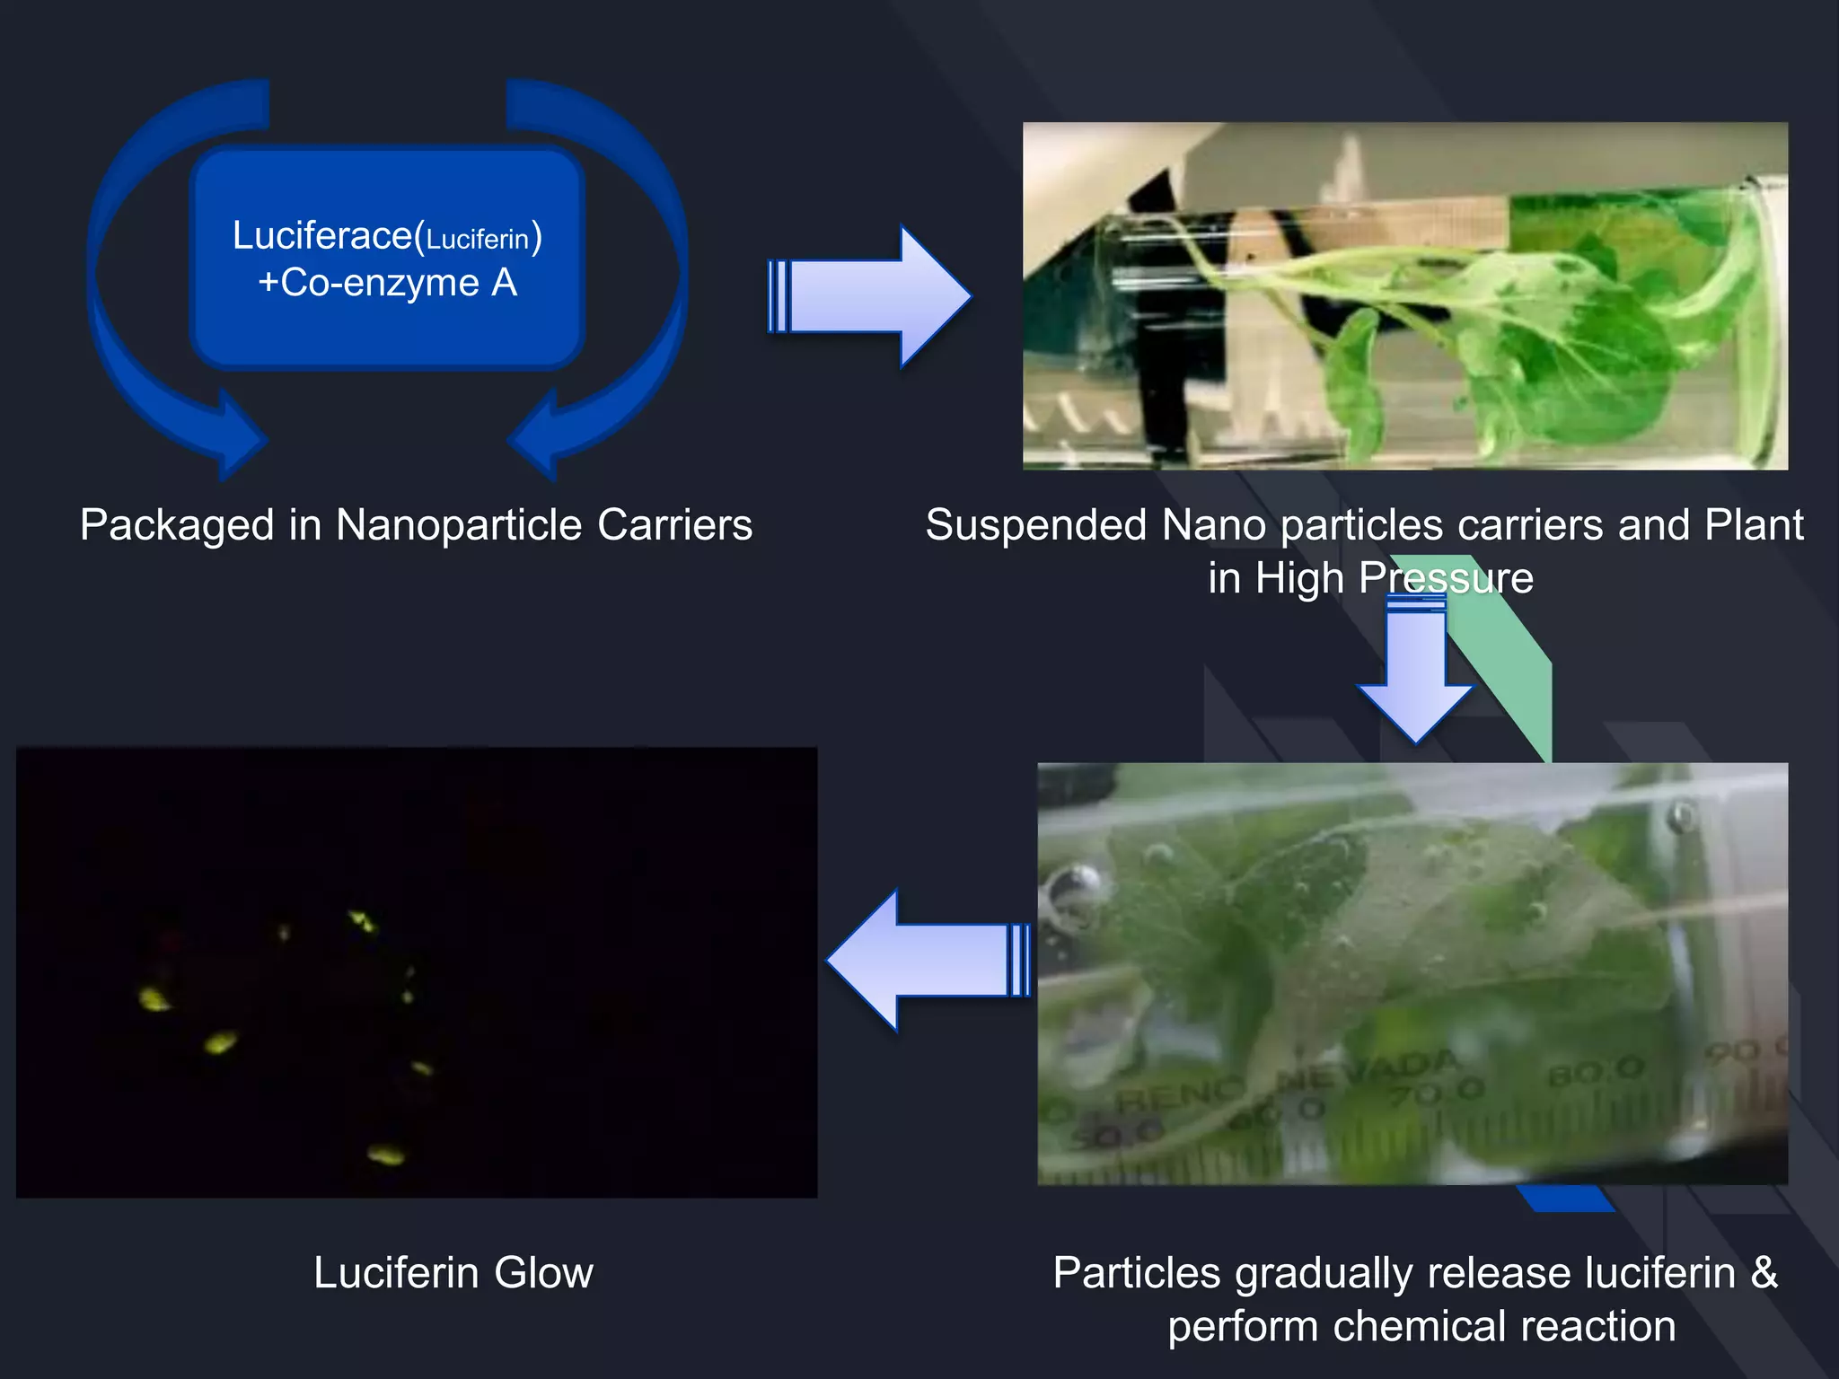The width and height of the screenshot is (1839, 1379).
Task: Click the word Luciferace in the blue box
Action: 321,236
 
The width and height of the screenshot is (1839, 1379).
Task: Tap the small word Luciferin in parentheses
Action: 477,240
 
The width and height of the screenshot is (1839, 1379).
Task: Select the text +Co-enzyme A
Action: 388,283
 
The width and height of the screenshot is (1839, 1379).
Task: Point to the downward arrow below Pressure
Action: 1415,673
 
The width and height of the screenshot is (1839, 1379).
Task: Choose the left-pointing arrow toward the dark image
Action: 928,960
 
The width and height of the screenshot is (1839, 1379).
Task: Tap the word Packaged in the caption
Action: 177,525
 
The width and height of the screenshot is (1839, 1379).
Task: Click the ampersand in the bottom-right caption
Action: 1764,1273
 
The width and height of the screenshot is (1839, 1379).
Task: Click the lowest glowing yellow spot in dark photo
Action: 386,1154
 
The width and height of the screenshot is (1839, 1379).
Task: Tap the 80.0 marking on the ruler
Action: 1597,1070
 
